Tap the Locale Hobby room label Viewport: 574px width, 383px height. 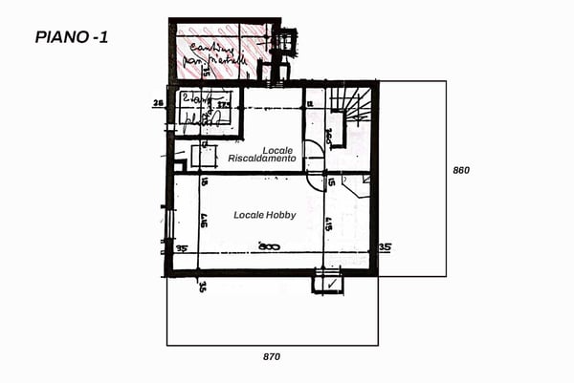point(265,216)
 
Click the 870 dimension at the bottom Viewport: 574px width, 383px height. point(272,356)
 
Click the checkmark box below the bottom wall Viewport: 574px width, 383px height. point(328,283)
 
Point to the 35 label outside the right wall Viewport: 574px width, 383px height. point(385,247)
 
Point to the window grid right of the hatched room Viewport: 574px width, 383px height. point(282,43)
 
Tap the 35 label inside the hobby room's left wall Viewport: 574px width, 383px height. point(181,248)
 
